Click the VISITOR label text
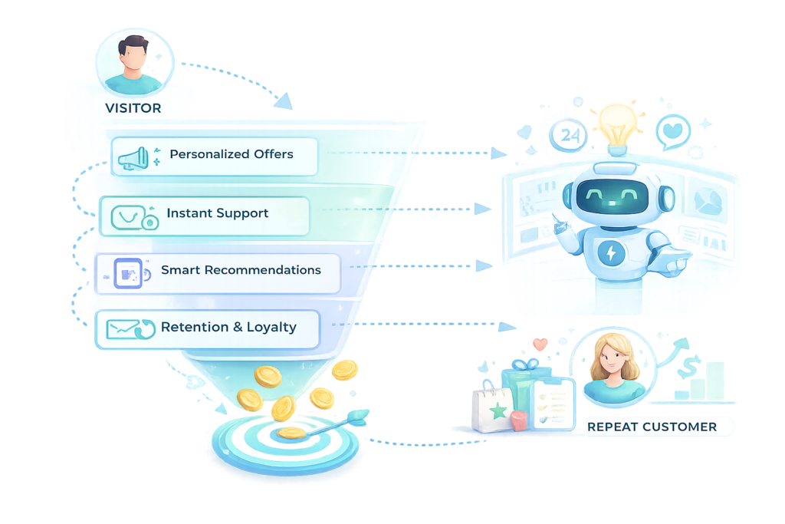click(133, 108)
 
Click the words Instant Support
click(218, 213)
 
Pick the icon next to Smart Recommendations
click(126, 272)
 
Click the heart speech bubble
click(673, 130)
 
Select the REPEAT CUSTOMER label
click(652, 427)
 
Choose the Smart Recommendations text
click(241, 270)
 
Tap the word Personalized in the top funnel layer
click(205, 154)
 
